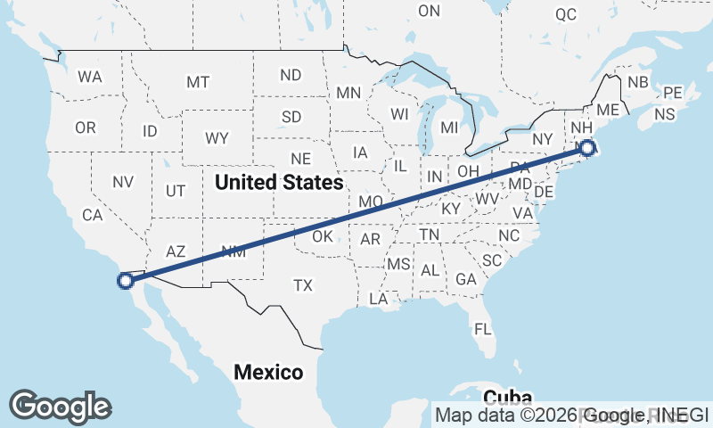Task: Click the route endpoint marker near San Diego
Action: (x=126, y=280)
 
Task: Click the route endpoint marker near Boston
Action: (x=587, y=149)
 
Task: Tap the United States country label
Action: (x=279, y=183)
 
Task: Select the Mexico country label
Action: (x=268, y=372)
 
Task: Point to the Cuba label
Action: (x=507, y=397)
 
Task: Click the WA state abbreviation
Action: (x=89, y=77)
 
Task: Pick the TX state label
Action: (x=303, y=285)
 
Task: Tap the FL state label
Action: (x=483, y=329)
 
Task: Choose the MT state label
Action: (x=197, y=82)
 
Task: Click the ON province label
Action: (x=430, y=11)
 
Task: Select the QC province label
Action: (x=565, y=14)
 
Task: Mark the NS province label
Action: (x=664, y=114)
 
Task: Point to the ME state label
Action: (x=608, y=110)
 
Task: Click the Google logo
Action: (x=60, y=407)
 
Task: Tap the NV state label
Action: (x=122, y=181)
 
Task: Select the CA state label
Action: (x=93, y=215)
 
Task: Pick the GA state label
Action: (x=465, y=279)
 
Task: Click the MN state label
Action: (x=348, y=93)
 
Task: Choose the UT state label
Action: (x=176, y=191)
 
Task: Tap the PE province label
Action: (x=672, y=93)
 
